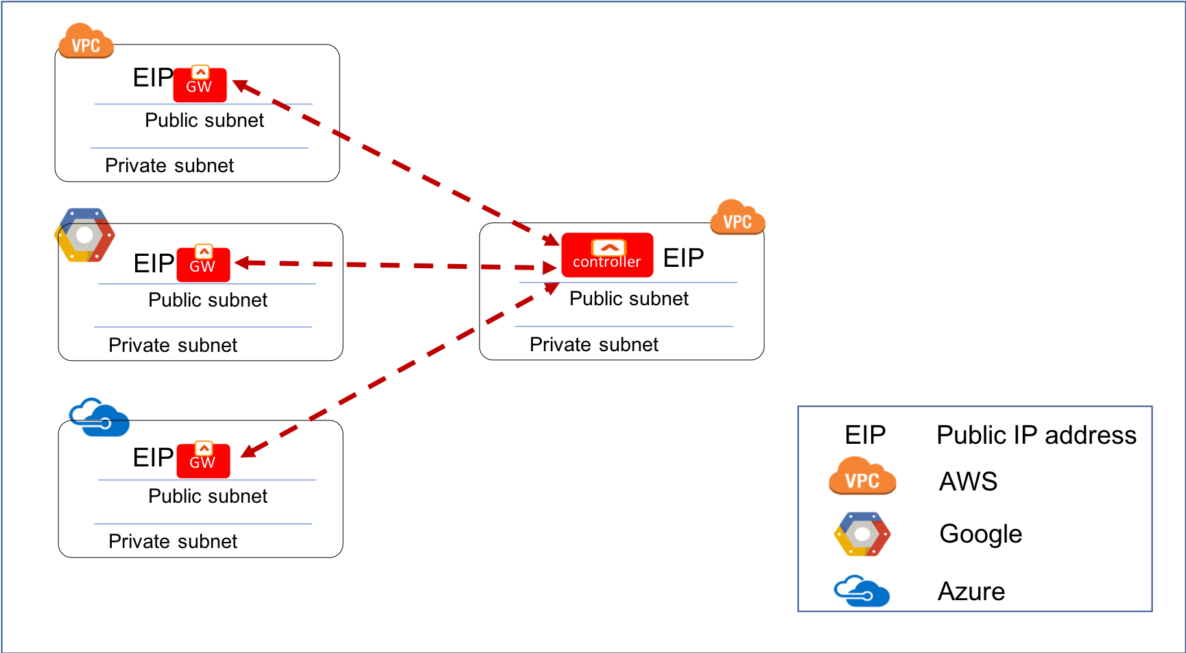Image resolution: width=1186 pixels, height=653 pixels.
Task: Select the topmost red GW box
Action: [200, 85]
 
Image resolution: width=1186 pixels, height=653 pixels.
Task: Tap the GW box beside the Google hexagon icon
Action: [203, 265]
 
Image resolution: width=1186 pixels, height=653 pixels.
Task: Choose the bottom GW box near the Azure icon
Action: [203, 461]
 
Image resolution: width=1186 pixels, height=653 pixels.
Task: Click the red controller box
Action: [607, 255]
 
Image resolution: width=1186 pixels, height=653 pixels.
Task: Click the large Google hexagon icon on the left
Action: [84, 235]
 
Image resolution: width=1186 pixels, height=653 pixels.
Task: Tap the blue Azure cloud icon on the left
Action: [100, 417]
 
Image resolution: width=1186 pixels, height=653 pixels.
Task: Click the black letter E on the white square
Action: [141, 457]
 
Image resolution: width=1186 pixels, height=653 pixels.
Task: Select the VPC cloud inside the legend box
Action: [862, 476]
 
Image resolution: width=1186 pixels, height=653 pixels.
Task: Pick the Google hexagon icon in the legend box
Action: [862, 534]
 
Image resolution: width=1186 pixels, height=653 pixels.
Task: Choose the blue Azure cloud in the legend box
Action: [862, 591]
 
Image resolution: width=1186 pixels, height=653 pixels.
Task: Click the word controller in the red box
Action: [607, 262]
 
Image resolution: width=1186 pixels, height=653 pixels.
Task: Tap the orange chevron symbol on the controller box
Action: [608, 247]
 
